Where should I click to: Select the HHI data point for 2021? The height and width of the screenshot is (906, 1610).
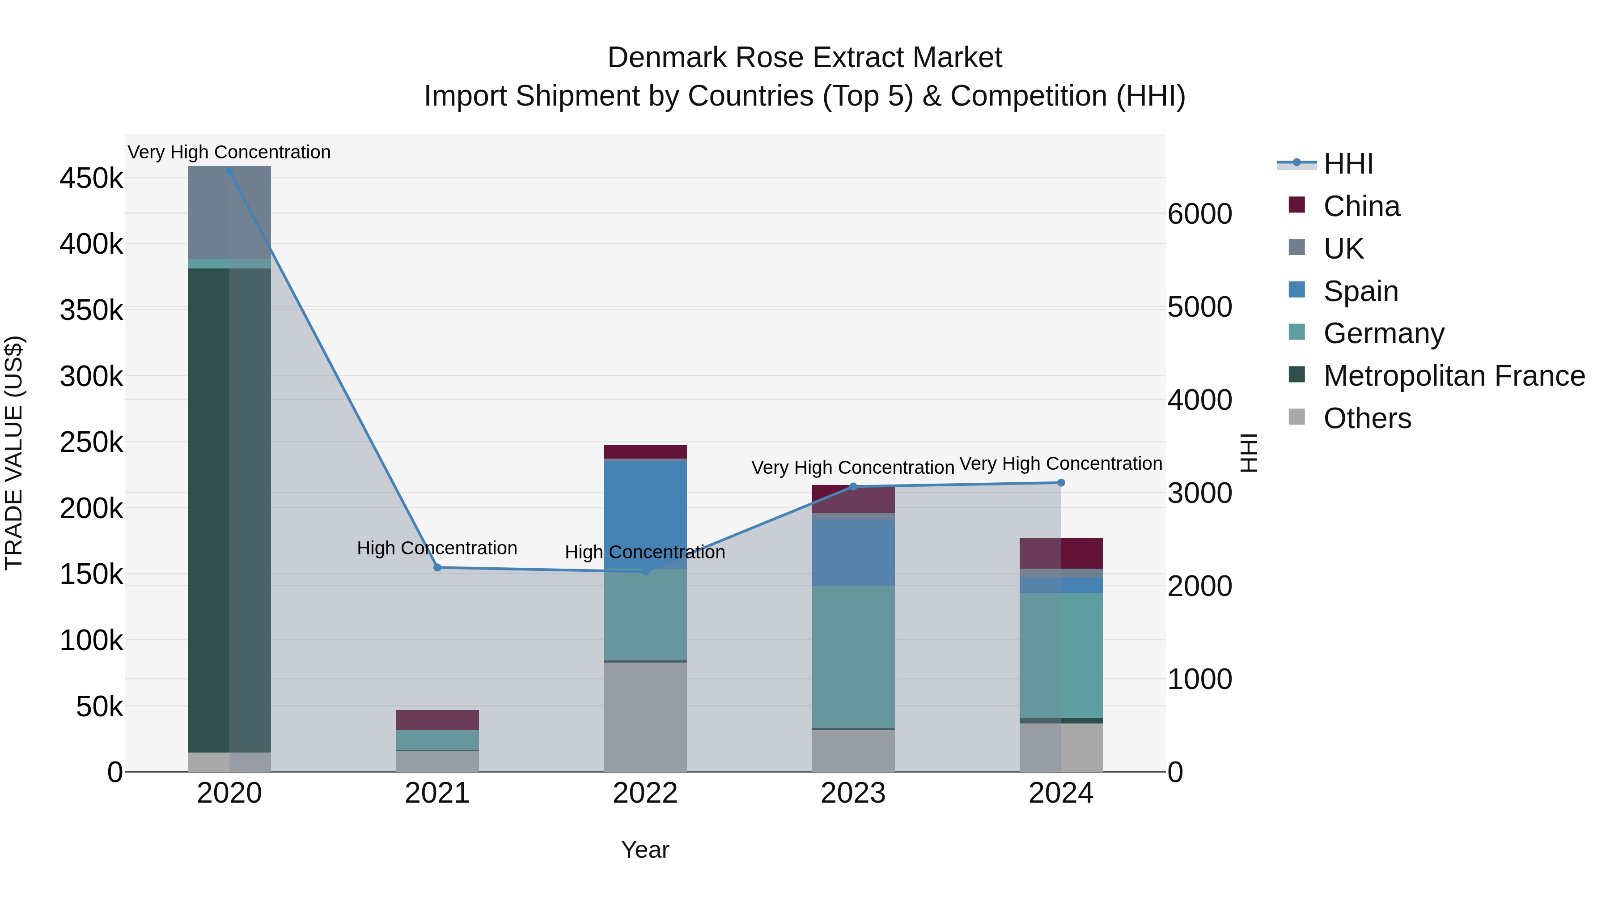(x=437, y=567)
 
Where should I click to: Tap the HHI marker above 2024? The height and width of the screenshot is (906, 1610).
(x=1061, y=483)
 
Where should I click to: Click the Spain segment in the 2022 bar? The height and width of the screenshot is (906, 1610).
(x=645, y=514)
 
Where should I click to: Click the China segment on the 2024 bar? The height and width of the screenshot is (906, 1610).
(x=1061, y=553)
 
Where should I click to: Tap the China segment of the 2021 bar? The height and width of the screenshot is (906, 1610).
(x=437, y=720)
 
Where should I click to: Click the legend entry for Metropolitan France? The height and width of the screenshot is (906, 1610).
(x=1454, y=376)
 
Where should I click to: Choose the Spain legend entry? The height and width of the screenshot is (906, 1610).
(x=1360, y=291)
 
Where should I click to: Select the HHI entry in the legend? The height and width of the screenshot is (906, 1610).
(x=1348, y=164)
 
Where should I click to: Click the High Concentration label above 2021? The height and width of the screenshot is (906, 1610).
(x=437, y=548)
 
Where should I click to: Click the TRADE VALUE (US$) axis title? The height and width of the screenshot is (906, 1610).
(x=14, y=453)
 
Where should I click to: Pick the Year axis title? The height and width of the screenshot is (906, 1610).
(x=645, y=850)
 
